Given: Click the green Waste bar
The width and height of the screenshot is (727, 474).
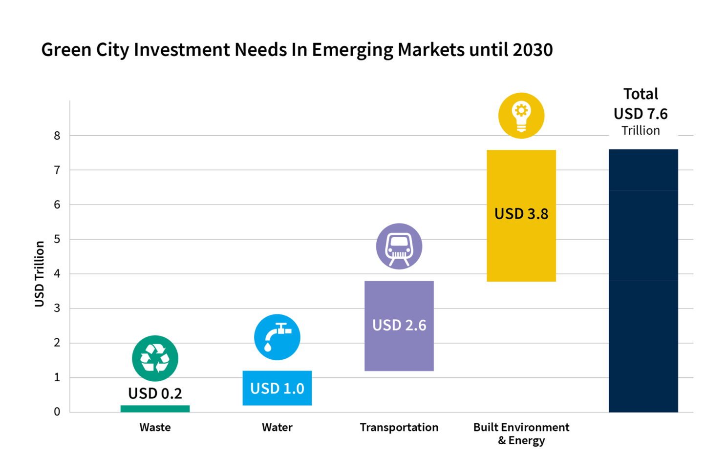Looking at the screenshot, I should tap(155, 409).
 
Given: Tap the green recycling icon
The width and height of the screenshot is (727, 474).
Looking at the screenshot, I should tap(155, 358).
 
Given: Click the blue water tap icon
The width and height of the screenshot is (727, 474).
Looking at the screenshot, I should tap(277, 337).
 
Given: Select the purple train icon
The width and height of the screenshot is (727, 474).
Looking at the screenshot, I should tap(399, 246).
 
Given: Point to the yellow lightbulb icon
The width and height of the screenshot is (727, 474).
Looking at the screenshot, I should tap(521, 116).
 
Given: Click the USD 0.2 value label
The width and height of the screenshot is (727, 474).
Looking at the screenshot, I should tap(155, 393).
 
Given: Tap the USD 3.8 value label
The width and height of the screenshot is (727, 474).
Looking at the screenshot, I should tap(521, 214).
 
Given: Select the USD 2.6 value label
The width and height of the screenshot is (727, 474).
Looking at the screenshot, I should tap(399, 325).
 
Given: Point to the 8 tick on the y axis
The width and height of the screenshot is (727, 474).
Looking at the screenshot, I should tap(57, 136).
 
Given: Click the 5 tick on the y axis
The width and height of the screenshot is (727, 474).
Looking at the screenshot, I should tap(57, 239).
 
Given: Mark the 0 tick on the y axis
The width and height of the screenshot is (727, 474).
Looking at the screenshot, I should tap(57, 412).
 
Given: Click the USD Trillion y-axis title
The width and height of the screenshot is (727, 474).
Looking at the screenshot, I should tap(40, 274).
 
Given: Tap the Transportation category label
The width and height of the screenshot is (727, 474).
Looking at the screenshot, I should tap(399, 427).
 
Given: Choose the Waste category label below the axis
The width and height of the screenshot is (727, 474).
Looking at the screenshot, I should tap(155, 427).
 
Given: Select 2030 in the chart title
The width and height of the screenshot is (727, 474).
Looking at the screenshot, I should tap(533, 50).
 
